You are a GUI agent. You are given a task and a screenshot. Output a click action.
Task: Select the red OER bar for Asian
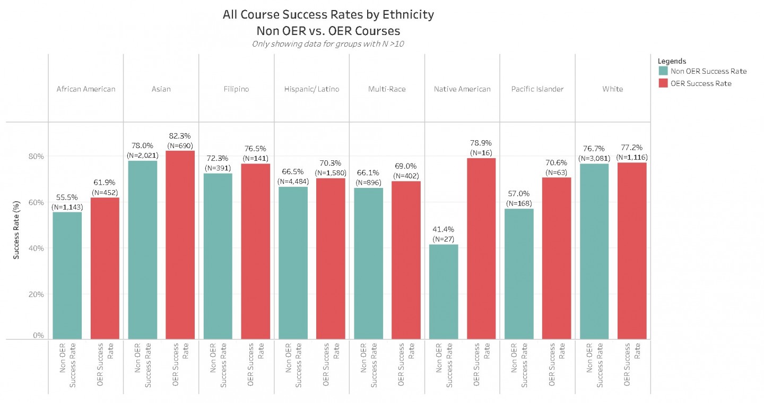pyautogui.click(x=180, y=244)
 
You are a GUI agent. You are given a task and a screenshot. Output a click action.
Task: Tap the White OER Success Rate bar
pyautogui.click(x=632, y=250)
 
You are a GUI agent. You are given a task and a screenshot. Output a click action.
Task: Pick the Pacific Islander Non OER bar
pyautogui.click(x=518, y=273)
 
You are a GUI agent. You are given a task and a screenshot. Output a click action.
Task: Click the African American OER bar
pyautogui.click(x=105, y=268)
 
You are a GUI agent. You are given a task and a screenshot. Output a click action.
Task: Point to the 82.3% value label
pyautogui.click(x=180, y=136)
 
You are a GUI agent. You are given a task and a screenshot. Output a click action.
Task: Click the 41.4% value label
pyautogui.click(x=443, y=229)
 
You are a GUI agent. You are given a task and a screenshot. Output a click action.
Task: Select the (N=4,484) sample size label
pyautogui.click(x=293, y=182)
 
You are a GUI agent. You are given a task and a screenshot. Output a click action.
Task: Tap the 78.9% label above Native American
pyautogui.click(x=481, y=143)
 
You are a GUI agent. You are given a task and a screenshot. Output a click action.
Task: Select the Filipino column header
pyautogui.click(x=236, y=89)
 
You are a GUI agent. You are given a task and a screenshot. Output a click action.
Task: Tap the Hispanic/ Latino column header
pyautogui.click(x=311, y=89)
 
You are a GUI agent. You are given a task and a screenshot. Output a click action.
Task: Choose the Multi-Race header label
pyautogui.click(x=387, y=89)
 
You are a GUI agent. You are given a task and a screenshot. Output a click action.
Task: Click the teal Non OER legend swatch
pyautogui.click(x=663, y=71)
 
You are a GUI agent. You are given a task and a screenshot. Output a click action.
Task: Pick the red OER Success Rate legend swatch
pyautogui.click(x=663, y=83)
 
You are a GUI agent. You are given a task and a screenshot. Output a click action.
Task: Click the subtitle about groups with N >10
pyautogui.click(x=328, y=44)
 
